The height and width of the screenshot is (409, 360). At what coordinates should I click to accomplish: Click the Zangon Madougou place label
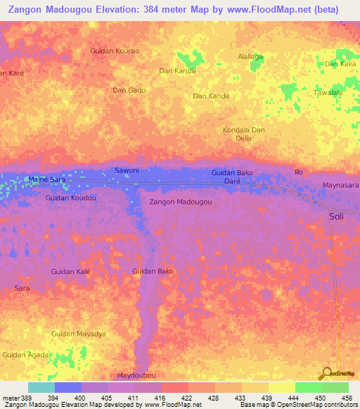coord(181,202)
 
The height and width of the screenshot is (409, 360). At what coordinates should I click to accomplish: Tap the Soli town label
coord(337,217)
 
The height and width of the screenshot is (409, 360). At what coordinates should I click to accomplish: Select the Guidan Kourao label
coord(115,51)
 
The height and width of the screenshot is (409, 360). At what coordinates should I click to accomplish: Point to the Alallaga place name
coord(250,56)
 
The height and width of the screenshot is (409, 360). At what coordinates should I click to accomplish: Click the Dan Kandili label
coord(176,70)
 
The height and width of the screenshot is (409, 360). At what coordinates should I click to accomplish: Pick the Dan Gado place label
coord(129,90)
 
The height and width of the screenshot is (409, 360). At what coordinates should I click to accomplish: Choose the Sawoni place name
coord(127,171)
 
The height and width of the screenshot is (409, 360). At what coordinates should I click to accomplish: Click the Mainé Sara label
coord(47,180)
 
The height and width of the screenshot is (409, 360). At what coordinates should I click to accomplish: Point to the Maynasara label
coord(340,186)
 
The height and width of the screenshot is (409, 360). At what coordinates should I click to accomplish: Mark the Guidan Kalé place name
coord(71,271)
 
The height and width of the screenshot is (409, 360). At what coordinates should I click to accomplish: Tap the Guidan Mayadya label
coord(79,334)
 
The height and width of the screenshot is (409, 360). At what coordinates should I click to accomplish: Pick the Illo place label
coord(300,171)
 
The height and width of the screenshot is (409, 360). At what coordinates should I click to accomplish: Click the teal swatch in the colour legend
coord(41,387)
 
